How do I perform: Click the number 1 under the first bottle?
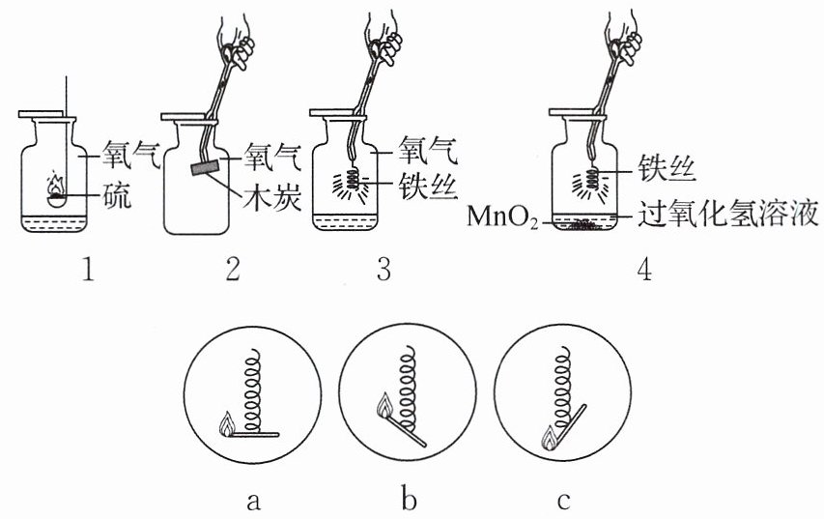click(88, 271)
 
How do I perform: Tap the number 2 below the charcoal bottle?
click(232, 271)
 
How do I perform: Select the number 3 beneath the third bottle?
click(384, 271)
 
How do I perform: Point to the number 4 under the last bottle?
click(644, 271)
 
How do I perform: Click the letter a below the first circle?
click(253, 502)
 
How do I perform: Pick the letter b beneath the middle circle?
click(409, 498)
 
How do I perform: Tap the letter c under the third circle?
click(563, 502)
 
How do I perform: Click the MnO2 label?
click(502, 216)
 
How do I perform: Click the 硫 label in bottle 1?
click(116, 197)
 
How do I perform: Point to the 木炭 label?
click(272, 199)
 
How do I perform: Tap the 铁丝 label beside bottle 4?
click(668, 169)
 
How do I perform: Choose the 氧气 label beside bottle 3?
click(427, 151)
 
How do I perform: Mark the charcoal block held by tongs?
click(205, 167)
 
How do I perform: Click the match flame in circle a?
click(227, 424)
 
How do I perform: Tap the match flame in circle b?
click(385, 405)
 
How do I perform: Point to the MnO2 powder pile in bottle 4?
click(582, 224)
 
